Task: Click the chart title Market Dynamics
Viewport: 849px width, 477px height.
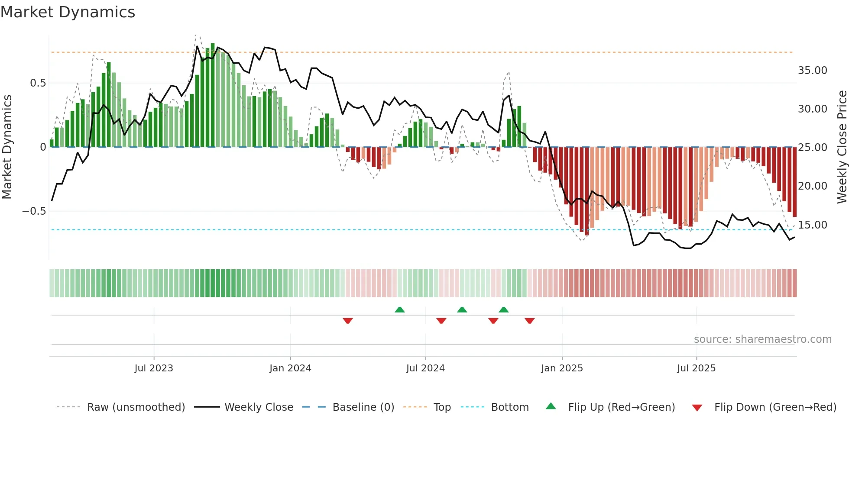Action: pos(68,12)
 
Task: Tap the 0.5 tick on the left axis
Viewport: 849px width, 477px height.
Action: pos(38,83)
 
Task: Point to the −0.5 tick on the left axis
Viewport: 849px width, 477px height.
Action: pos(34,211)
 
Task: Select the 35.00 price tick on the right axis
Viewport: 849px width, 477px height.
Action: pos(812,71)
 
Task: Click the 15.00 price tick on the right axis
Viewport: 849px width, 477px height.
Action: pos(812,225)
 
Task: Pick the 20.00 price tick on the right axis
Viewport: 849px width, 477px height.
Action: pos(812,186)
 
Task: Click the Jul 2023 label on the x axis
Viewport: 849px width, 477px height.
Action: pos(153,368)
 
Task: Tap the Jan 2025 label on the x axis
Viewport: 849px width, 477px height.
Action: pos(561,368)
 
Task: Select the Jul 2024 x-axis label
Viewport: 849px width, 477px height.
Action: pos(425,368)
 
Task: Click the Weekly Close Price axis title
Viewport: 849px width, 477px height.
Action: pos(841,147)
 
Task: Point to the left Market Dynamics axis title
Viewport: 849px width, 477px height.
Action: pos(7,147)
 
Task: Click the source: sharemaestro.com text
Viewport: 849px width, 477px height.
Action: pos(762,339)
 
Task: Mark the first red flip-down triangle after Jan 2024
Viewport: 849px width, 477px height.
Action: pos(347,321)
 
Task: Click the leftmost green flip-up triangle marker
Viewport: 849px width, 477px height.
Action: pos(399,309)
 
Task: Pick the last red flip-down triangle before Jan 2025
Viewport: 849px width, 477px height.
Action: pos(529,321)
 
